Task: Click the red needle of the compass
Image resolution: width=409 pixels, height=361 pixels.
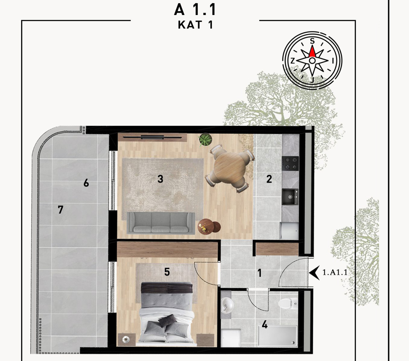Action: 312,52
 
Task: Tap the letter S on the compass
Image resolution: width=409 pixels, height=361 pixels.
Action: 312,41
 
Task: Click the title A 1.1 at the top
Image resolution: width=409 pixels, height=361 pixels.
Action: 195,9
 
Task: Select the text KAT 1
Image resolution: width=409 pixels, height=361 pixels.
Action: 195,25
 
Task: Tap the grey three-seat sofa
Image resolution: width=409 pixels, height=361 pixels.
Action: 161,223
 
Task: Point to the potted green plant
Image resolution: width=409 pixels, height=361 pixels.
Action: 205,139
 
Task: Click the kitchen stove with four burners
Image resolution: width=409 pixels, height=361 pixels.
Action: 290,164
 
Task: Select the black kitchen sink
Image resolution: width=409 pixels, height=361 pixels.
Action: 290,197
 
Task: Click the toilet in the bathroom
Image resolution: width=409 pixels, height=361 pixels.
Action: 287,303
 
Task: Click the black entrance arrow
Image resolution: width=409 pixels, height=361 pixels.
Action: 314,272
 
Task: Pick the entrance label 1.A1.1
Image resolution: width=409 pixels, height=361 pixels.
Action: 335,272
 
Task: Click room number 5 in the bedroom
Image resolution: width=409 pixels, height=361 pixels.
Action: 167,272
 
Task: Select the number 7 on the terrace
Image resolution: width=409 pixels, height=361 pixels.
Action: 61,210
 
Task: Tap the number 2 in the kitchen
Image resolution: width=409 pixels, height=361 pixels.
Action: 269,179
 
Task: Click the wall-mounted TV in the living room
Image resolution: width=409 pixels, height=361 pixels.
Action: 152,137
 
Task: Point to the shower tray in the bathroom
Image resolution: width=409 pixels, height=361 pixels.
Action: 278,336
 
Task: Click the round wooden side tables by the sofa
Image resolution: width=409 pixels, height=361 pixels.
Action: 209,226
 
